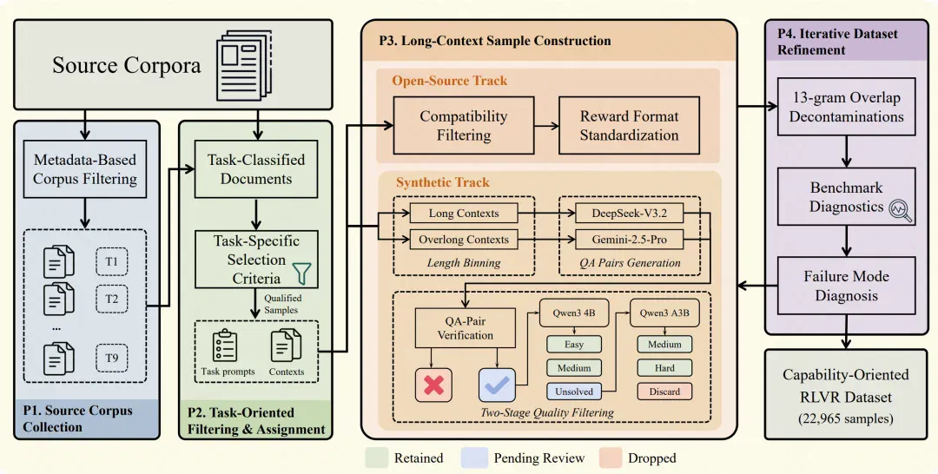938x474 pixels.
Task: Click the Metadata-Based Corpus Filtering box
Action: (85, 169)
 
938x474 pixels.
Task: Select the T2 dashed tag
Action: (112, 299)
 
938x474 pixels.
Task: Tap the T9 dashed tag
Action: (112, 358)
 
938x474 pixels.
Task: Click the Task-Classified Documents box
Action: (256, 169)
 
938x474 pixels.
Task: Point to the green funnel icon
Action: (302, 273)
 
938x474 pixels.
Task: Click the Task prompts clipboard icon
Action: (225, 346)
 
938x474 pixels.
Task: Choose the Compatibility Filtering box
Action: (463, 126)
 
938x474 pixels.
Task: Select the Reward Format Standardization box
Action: (630, 126)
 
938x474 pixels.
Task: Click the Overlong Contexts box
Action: (464, 240)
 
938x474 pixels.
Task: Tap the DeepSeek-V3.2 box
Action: (630, 214)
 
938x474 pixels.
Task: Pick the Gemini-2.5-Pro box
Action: (630, 240)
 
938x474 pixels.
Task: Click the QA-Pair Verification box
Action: (465, 328)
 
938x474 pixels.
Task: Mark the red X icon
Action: (433, 385)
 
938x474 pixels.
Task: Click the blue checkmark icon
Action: (497, 385)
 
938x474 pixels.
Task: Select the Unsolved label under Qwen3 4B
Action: (574, 392)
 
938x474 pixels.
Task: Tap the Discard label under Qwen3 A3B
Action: (664, 392)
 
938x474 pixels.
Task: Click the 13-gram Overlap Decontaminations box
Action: (847, 107)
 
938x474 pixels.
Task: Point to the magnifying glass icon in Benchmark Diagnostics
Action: (901, 210)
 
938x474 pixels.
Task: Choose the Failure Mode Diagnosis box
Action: (847, 286)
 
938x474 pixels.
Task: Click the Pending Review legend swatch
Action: (474, 458)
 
